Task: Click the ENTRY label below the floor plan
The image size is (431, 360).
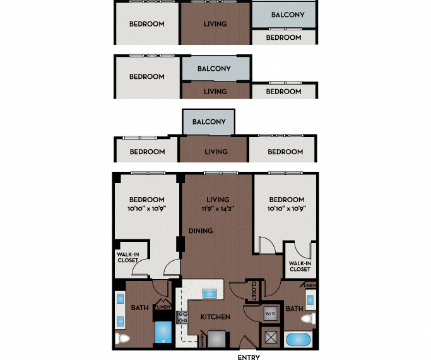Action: [x=248, y=356]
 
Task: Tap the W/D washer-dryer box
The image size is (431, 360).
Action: [x=269, y=313]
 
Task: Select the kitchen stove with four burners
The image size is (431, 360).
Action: [x=182, y=318]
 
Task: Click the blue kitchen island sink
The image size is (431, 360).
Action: [x=209, y=294]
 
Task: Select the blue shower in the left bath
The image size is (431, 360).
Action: [x=163, y=331]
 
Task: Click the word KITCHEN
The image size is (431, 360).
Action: [x=215, y=316]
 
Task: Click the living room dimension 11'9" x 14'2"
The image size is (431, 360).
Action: [x=216, y=208]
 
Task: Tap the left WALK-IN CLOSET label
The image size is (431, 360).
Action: [x=127, y=259]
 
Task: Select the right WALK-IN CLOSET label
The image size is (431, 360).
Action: [x=300, y=266]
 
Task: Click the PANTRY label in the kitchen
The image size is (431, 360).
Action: [x=202, y=340]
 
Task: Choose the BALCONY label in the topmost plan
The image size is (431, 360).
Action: [x=288, y=15]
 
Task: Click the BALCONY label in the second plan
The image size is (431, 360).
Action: [x=214, y=68]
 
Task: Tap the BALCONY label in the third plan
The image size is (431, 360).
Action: [x=209, y=122]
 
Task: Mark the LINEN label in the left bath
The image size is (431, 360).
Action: [x=163, y=307]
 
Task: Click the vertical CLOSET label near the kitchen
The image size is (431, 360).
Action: [x=254, y=290]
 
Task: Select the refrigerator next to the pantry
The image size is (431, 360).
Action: [x=216, y=339]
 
